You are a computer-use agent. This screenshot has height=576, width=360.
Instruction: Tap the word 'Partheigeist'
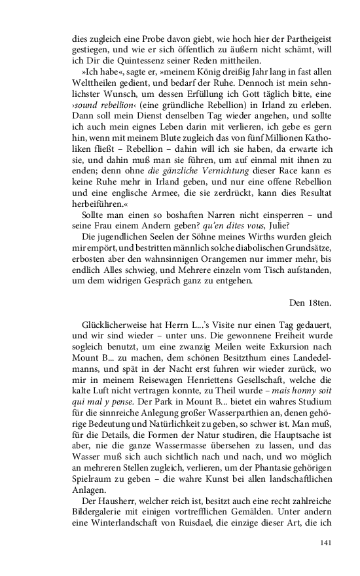point(257,39)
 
